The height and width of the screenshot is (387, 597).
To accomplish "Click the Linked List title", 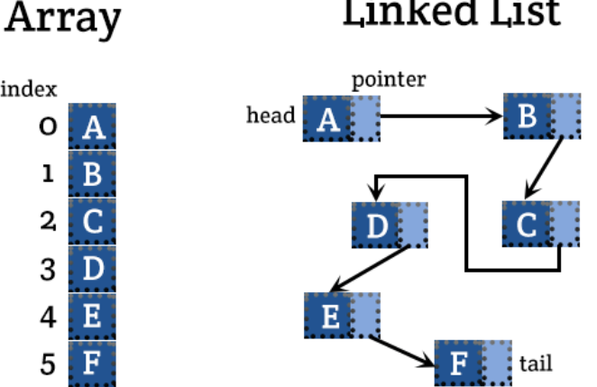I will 451,13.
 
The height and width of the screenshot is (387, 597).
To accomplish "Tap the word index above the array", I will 30,88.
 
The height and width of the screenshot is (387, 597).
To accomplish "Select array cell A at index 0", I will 92,127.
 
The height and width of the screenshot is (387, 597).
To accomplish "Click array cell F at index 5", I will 92,364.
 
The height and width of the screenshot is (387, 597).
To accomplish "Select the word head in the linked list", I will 271,115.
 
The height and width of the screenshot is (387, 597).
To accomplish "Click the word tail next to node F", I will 536,364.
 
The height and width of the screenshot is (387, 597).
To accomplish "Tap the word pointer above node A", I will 389,79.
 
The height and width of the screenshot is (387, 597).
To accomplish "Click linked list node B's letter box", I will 527,115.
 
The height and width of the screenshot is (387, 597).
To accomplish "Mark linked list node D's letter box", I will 374,225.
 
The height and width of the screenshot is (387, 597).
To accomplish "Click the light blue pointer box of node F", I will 497,363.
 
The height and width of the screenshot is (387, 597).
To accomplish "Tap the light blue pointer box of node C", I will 565,225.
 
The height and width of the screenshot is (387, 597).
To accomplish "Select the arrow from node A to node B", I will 442,116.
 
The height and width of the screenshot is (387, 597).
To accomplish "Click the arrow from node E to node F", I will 400,350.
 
